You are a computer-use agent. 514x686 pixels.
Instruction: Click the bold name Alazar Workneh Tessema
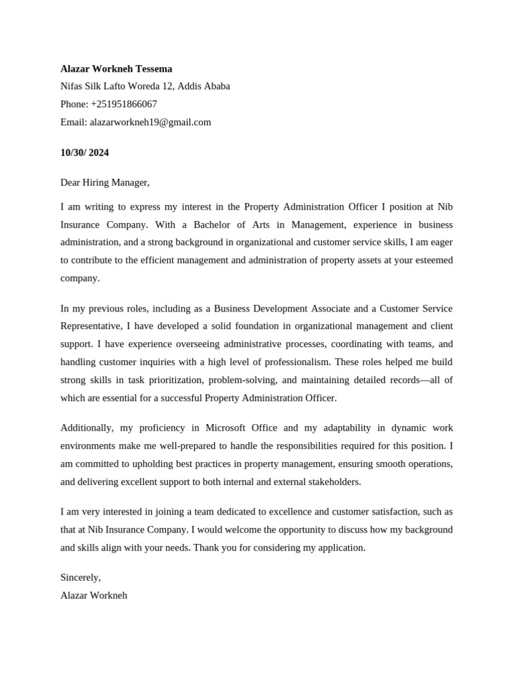point(116,68)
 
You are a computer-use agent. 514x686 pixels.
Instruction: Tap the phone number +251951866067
point(124,104)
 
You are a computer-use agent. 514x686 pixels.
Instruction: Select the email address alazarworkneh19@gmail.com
point(151,122)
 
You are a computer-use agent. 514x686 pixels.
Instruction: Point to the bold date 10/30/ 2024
point(84,152)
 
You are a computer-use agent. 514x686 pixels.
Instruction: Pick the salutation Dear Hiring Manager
point(104,182)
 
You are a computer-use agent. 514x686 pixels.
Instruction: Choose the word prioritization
point(171,380)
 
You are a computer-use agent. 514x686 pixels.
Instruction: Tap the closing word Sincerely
point(80,577)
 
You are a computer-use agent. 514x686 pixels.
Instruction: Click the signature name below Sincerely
point(94,595)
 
